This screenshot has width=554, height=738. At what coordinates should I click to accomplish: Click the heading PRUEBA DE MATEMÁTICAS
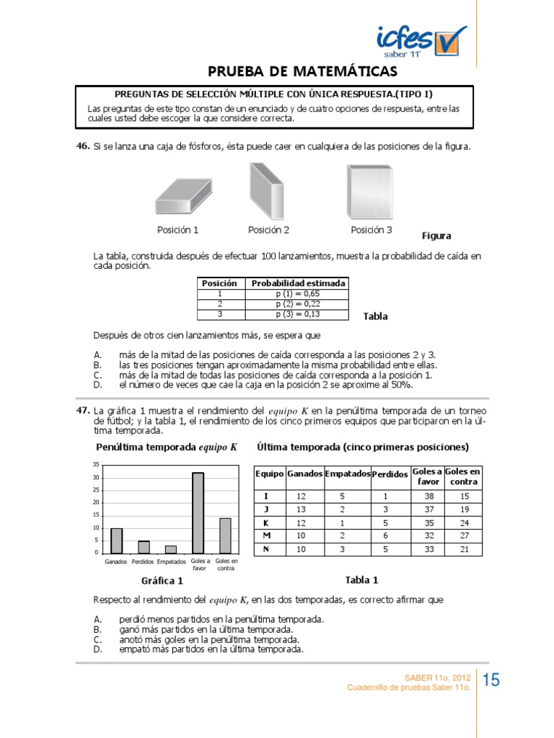pos(302,71)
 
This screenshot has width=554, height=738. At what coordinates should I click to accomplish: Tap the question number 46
pos(82,146)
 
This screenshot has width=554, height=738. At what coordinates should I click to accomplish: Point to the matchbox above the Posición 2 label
pos(268,190)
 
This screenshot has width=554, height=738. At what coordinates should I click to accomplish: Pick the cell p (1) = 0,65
pos(297,294)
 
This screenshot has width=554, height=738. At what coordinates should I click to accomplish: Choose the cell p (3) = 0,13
pos(297,314)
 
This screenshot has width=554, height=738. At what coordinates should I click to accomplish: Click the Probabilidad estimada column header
pos(298,283)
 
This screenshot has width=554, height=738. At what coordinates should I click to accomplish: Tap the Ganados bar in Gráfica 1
pos(116,540)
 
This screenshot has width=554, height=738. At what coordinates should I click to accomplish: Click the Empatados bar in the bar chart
pos(170,548)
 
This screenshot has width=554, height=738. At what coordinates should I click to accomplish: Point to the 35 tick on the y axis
pos(96,466)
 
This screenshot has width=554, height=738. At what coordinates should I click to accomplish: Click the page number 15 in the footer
pos(491,680)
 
